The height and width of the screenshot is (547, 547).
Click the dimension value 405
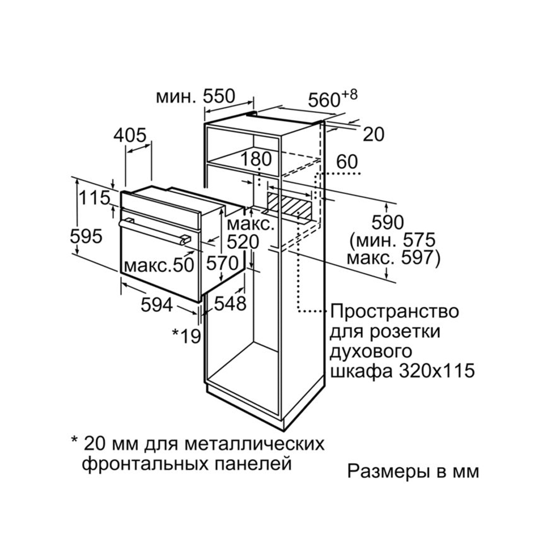(x=130, y=135)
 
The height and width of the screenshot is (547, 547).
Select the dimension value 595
(x=86, y=236)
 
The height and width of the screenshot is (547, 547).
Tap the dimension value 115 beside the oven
(x=95, y=198)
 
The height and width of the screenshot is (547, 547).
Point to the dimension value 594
(x=157, y=305)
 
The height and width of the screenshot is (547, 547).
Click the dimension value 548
(x=230, y=304)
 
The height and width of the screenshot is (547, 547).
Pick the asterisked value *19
(x=187, y=336)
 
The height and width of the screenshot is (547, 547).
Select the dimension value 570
(x=222, y=263)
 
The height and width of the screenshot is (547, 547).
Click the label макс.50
(x=159, y=265)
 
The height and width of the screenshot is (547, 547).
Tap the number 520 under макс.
(x=243, y=242)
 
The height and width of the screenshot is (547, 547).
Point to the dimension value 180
(x=257, y=159)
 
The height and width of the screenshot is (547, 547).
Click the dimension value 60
(x=347, y=162)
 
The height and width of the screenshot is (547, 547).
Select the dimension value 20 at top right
(x=374, y=135)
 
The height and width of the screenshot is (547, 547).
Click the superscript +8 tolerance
(x=350, y=95)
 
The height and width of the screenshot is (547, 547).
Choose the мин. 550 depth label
(x=196, y=96)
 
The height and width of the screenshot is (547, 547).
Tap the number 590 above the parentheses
(x=388, y=222)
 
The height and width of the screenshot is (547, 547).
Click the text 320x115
(x=437, y=371)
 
